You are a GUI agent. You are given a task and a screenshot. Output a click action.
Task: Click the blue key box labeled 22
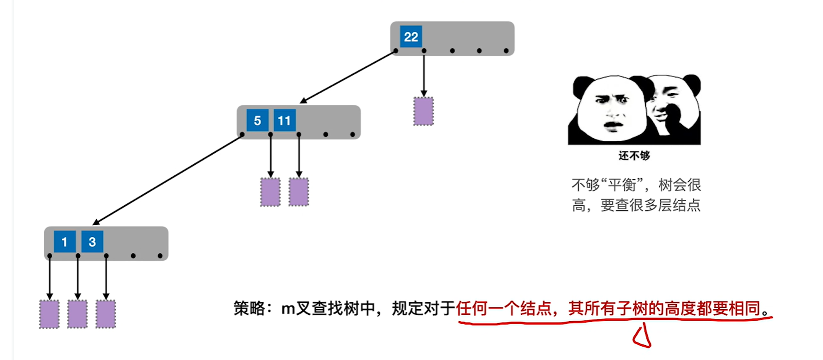411,37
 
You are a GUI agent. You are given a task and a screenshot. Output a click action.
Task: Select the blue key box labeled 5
257,120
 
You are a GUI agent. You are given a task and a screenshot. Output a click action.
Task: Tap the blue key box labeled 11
284,120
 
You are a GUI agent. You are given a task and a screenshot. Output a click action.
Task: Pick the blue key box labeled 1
65,241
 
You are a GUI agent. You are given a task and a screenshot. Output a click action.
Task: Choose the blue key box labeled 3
92,241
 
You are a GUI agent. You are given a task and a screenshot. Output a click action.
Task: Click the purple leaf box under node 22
423,111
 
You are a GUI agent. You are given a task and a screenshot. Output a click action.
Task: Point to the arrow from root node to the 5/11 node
348,77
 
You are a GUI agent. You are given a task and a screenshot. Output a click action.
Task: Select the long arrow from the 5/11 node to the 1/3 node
168,180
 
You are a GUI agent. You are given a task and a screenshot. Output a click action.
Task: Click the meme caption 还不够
634,156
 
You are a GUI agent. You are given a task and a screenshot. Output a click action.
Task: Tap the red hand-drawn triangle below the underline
642,337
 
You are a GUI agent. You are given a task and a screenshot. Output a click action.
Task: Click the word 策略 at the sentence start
249,308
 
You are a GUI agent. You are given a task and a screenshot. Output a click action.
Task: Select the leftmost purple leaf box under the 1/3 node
49,314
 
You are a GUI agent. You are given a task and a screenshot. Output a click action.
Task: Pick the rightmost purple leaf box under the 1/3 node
106,314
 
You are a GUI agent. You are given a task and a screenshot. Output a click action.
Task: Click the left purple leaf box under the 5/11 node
270,192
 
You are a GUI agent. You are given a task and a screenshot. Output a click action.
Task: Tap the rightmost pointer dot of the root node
506,51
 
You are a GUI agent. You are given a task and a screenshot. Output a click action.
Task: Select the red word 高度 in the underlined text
680,308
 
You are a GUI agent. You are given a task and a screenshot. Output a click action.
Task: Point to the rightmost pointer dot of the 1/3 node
160,256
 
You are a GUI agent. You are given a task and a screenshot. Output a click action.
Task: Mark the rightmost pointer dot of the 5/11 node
352,135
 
